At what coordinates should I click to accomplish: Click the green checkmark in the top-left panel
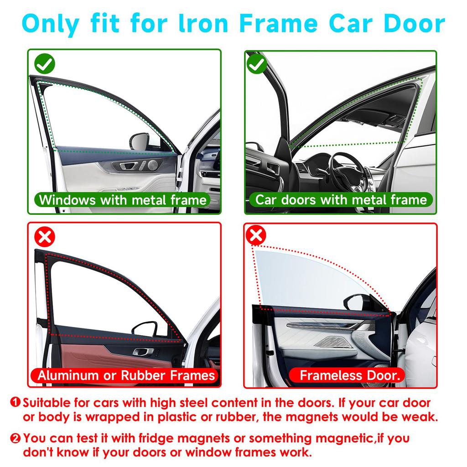(45, 65)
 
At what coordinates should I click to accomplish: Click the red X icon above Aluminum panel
(45, 237)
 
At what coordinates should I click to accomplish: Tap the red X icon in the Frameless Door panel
(256, 235)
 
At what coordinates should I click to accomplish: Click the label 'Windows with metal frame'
(123, 200)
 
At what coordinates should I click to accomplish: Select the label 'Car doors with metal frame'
(341, 200)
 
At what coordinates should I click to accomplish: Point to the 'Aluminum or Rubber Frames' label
(126, 375)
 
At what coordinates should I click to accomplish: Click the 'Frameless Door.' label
(350, 376)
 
